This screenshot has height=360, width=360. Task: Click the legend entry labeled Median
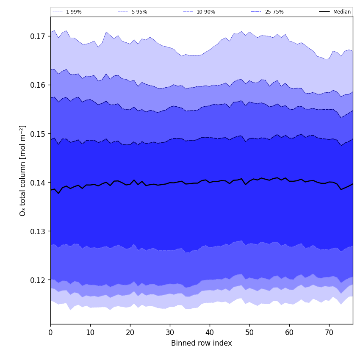tap(341, 12)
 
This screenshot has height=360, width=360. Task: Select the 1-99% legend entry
tap(74, 12)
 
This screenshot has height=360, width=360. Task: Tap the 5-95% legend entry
tap(139, 12)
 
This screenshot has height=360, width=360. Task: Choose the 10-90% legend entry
tap(205, 12)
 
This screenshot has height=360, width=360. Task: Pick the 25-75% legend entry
tap(274, 12)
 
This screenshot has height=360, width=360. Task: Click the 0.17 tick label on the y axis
tap(38, 36)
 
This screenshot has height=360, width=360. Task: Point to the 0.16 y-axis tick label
tap(38, 85)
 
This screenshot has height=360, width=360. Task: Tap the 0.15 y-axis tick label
tap(38, 134)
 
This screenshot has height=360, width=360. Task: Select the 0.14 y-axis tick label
tap(38, 183)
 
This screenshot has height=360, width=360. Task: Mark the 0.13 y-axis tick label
tap(38, 231)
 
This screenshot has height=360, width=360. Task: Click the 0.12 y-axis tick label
tap(38, 280)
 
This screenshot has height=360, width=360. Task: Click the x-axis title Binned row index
tap(202, 343)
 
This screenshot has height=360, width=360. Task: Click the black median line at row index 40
tap(210, 183)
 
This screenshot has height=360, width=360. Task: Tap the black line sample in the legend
tap(325, 12)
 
